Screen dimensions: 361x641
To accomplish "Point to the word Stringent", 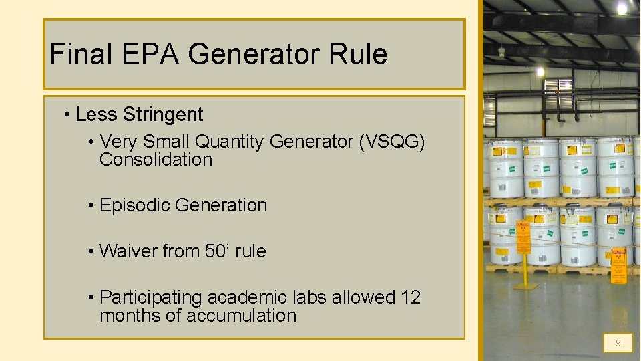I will (163, 115).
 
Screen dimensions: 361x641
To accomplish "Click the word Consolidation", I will (156, 160).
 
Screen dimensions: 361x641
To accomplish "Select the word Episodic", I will (134, 205).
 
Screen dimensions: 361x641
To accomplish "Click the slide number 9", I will (618, 343).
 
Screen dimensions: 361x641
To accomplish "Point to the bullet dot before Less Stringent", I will (67, 115).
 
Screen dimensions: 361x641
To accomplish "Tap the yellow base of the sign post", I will (525, 286).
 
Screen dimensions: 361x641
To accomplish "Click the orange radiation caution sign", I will (620, 265).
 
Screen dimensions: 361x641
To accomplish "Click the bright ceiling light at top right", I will (622, 8).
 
